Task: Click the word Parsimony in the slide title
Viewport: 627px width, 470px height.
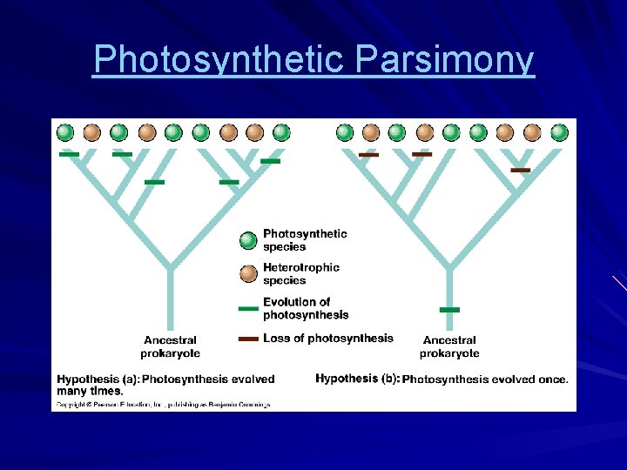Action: pyautogui.click(x=445, y=59)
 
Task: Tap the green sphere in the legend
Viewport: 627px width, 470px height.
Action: pyautogui.click(x=249, y=240)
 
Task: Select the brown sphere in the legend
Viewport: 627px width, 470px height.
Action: pyautogui.click(x=249, y=273)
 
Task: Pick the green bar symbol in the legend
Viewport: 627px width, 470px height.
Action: pyautogui.click(x=249, y=308)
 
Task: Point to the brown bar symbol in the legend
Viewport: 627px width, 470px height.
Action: pyautogui.click(x=249, y=339)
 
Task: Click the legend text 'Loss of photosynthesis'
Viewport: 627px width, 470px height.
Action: pyautogui.click(x=327, y=339)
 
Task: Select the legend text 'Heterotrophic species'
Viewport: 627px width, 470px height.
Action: pyautogui.click(x=300, y=273)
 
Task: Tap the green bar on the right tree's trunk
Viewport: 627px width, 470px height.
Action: pyautogui.click(x=449, y=310)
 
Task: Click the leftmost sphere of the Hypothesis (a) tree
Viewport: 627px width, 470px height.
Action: pyautogui.click(x=65, y=132)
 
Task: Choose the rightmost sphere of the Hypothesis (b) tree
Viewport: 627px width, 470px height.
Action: pyautogui.click(x=559, y=132)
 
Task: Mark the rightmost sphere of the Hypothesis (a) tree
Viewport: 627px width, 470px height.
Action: pyautogui.click(x=281, y=132)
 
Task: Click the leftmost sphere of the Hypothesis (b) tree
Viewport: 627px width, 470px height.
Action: pyautogui.click(x=345, y=132)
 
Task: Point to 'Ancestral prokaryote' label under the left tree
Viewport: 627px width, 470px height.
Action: pyautogui.click(x=171, y=346)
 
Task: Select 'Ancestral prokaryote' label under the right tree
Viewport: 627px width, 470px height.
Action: pyautogui.click(x=449, y=346)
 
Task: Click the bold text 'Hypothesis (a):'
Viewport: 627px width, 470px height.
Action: pyautogui.click(x=98, y=379)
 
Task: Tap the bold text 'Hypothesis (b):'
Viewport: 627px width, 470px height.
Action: pyautogui.click(x=357, y=379)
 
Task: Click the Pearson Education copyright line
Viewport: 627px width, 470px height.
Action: pyautogui.click(x=164, y=404)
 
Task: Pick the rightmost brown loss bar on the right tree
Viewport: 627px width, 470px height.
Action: pyautogui.click(x=521, y=170)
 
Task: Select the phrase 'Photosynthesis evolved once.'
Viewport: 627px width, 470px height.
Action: pyautogui.click(x=485, y=379)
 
